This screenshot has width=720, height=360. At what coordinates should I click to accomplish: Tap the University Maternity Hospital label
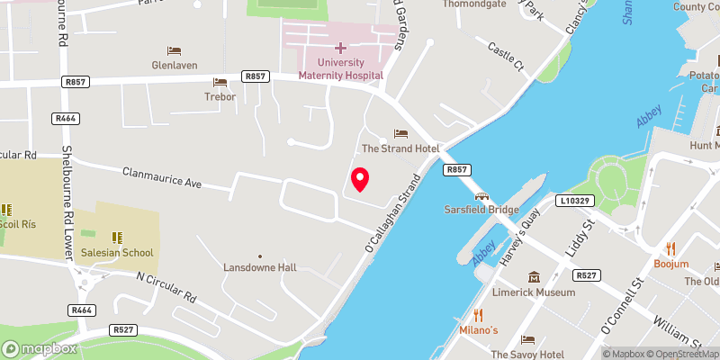(340, 68)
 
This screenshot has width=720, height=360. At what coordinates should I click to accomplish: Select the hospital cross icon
(340, 47)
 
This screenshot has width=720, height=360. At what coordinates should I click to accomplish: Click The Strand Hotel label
(399, 148)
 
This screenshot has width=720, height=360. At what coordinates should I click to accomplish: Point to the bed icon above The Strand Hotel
(399, 133)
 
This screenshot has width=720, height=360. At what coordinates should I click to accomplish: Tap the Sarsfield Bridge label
(481, 209)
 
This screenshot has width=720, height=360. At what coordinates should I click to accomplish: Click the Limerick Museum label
(534, 292)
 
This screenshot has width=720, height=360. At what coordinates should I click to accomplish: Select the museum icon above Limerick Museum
(534, 276)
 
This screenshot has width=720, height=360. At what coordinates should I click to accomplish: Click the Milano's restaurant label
(479, 330)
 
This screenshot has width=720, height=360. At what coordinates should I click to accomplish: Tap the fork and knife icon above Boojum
(670, 248)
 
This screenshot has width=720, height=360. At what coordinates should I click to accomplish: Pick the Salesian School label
(117, 253)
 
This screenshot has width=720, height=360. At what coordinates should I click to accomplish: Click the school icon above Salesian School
(117, 237)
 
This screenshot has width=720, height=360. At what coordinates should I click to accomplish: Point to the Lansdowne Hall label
(259, 268)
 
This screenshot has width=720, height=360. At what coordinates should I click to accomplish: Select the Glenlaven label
(174, 65)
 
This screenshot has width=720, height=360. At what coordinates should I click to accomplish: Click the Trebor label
(220, 96)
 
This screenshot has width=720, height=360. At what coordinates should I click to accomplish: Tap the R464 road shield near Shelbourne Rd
(66, 118)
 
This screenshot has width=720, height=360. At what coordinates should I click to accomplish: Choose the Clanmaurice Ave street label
(163, 176)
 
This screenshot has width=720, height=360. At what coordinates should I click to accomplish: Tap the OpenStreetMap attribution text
(679, 353)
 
